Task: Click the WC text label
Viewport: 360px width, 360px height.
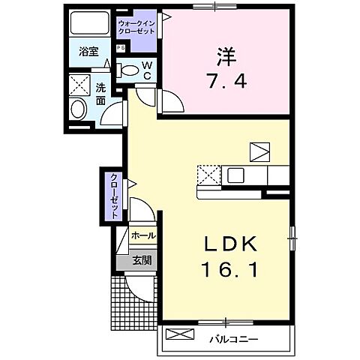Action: click(147, 71)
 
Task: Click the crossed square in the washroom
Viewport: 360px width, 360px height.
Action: click(79, 82)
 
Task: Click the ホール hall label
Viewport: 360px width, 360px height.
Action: click(142, 235)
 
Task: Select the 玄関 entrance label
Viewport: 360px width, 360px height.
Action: click(142, 260)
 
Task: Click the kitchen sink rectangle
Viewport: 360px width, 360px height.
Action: click(235, 175)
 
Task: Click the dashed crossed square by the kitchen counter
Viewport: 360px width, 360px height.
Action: click(209, 175)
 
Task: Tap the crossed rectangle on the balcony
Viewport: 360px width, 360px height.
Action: click(178, 334)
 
